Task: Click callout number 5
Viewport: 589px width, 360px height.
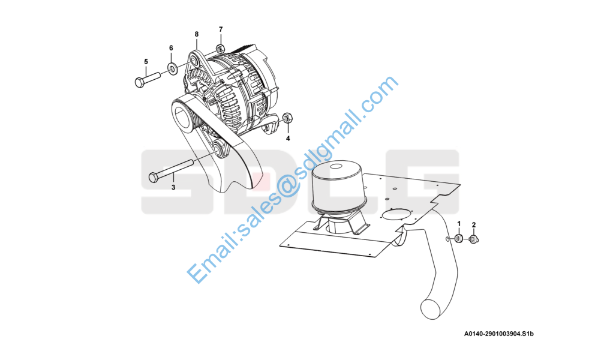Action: (x=146, y=62)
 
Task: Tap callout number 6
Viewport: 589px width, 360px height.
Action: (x=172, y=48)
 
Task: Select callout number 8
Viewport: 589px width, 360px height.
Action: (x=197, y=34)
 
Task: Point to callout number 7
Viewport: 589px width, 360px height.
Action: (x=221, y=29)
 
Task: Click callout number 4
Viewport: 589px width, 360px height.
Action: (x=288, y=139)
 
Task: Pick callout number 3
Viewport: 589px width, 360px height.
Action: (x=173, y=187)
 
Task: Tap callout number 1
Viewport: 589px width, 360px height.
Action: (x=459, y=224)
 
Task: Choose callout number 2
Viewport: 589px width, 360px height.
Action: (x=474, y=225)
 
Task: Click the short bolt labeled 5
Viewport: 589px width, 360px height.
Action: (x=148, y=80)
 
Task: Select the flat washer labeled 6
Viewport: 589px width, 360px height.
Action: (x=173, y=68)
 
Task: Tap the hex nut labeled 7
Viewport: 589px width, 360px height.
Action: (x=221, y=49)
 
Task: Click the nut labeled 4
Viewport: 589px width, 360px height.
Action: (x=287, y=118)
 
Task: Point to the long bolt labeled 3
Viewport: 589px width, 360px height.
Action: (x=171, y=170)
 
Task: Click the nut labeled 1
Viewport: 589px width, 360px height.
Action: (x=458, y=238)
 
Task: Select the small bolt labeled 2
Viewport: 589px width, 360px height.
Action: (x=474, y=239)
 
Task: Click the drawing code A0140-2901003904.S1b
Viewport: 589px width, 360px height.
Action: (x=499, y=334)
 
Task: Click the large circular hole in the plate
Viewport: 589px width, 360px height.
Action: (x=398, y=215)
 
